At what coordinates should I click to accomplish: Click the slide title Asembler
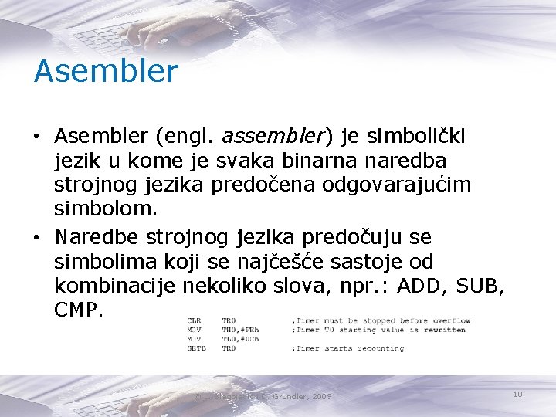point(106,72)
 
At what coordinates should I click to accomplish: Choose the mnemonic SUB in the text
point(473,286)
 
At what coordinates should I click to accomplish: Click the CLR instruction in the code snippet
point(193,320)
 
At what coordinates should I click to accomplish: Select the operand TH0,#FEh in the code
point(239,330)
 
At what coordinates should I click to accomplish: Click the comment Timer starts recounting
point(349,348)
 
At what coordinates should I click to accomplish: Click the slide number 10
point(517,395)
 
